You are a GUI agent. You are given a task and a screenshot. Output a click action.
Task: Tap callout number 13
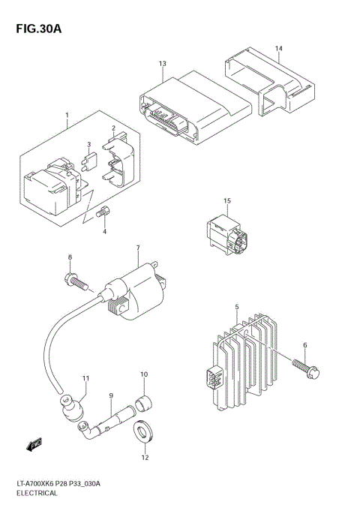(x=161, y=64)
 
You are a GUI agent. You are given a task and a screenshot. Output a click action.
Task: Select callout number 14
(x=277, y=49)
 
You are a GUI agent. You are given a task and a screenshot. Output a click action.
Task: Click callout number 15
(x=227, y=201)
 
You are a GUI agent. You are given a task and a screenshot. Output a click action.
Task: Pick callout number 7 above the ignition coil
(x=137, y=248)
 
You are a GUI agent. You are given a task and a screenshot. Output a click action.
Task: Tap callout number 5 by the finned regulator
(x=236, y=307)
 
